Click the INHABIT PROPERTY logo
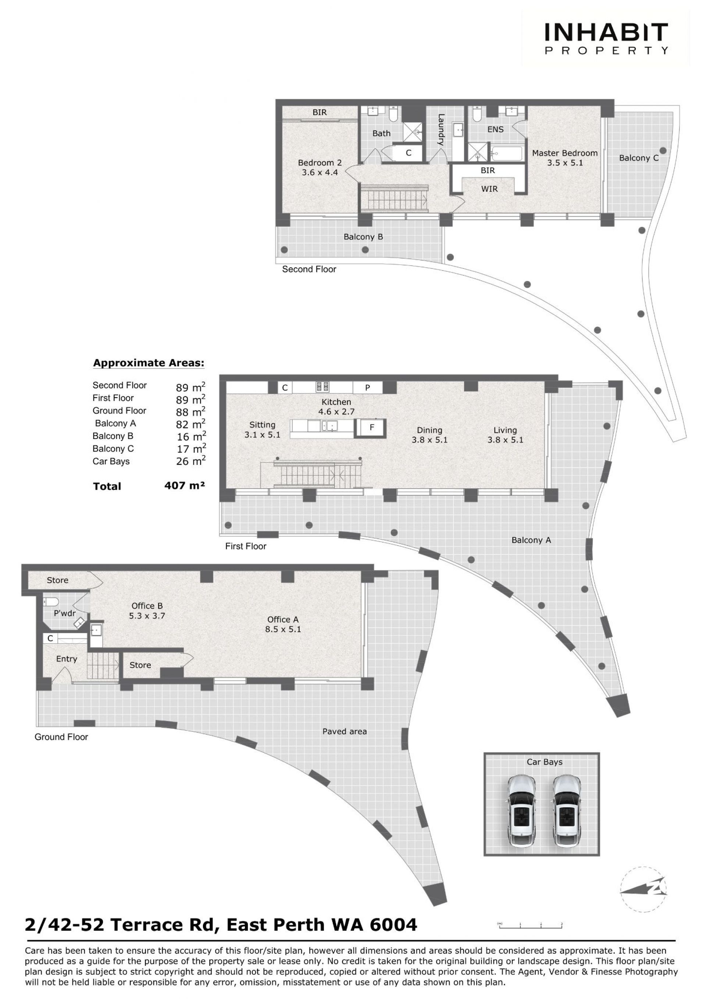point(606,39)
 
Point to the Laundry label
point(441,130)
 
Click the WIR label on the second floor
point(490,189)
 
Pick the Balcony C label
point(639,158)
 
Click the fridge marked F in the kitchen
point(372,427)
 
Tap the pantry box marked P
point(367,388)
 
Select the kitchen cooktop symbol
point(322,387)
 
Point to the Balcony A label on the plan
point(531,540)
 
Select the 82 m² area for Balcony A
point(190,424)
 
